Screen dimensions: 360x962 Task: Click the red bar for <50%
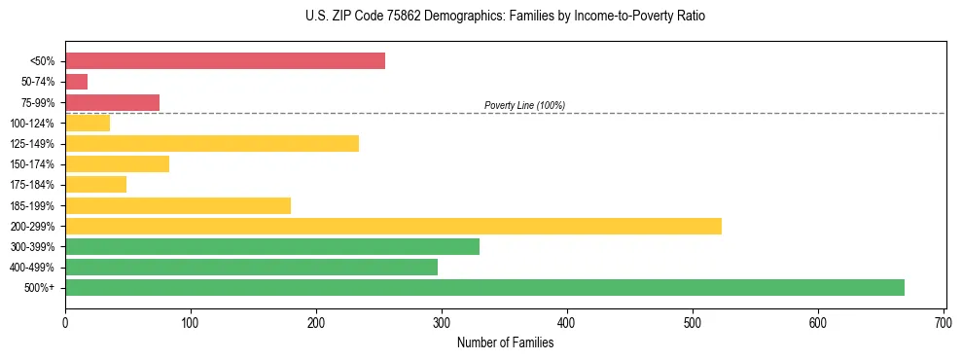[x=225, y=61]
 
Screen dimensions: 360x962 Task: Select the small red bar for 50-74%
[x=77, y=82]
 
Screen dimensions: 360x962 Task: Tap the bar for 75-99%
[x=112, y=102]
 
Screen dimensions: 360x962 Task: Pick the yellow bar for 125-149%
[x=212, y=143]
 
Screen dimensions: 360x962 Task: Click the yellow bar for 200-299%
[x=393, y=226]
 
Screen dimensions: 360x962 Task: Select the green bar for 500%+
[x=484, y=287]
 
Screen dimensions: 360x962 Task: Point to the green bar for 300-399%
[x=272, y=246]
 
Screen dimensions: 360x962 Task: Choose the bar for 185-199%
[x=178, y=205]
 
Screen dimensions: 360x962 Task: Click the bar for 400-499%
[x=251, y=267]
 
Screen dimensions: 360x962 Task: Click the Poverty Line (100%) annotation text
[x=524, y=105]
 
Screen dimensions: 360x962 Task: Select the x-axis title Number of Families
[x=505, y=342]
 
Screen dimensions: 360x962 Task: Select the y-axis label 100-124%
[x=33, y=124]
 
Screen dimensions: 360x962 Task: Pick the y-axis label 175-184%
[x=33, y=185]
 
